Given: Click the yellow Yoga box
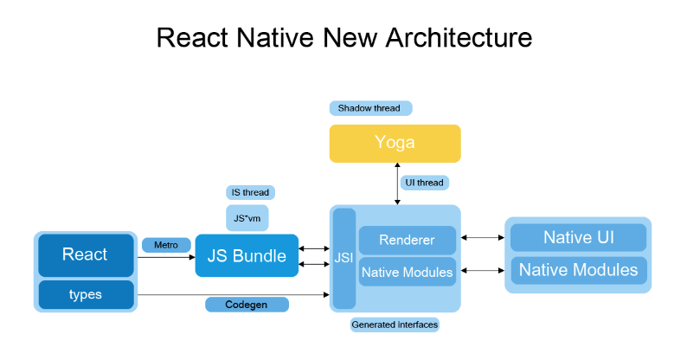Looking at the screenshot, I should [395, 143].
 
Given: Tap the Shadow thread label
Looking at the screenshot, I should [369, 108].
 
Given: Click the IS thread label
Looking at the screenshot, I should [248, 192].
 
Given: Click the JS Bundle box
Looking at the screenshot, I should [246, 255].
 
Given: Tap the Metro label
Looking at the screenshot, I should [166, 245].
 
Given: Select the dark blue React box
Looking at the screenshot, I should [85, 254].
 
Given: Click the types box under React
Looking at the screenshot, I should [85, 294].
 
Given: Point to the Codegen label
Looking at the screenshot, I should [247, 305].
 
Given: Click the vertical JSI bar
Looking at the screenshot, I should [343, 258].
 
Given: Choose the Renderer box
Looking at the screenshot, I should [407, 240].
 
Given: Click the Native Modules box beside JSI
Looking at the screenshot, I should [407, 273].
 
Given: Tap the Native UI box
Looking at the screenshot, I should [578, 237].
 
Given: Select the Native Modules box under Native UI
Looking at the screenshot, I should [578, 270].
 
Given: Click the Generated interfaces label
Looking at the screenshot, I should [395, 325].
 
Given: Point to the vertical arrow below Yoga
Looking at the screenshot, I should [397, 183].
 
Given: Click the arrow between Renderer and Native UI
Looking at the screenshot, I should [482, 237].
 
